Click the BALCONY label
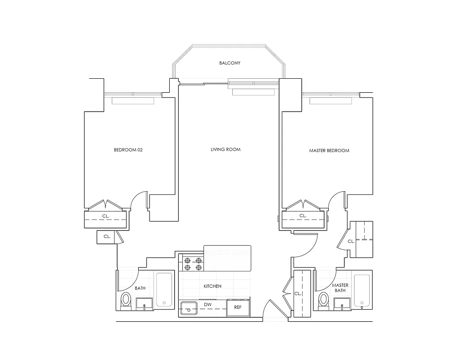pos(230,63)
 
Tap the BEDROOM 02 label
pos(128,150)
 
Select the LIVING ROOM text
pos(225,149)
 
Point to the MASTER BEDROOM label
pos(329,150)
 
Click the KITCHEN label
pos(212,286)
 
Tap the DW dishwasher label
pos(208,305)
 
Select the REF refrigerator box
pos(238,308)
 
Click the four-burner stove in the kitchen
pos(192,263)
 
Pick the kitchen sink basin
pos(189,308)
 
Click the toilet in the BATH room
pos(126,300)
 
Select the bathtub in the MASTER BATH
pos(362,290)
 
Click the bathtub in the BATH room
pos(164,290)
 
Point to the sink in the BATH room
pos(144,305)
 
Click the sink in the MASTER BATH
pos(342,305)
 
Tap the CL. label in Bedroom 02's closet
pos(106,216)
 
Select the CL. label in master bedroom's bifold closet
pos(303,216)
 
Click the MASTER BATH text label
pos(340,288)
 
